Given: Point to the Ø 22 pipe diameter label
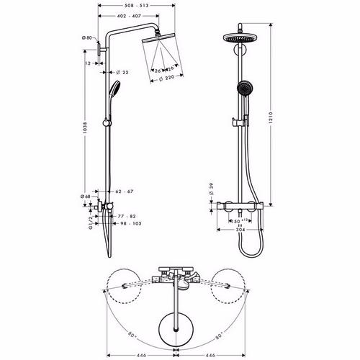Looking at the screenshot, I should pyautogui.click(x=123, y=72).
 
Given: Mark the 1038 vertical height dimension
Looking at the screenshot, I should pyautogui.click(x=86, y=133).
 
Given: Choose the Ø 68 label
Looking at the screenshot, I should pyautogui.click(x=86, y=194).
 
